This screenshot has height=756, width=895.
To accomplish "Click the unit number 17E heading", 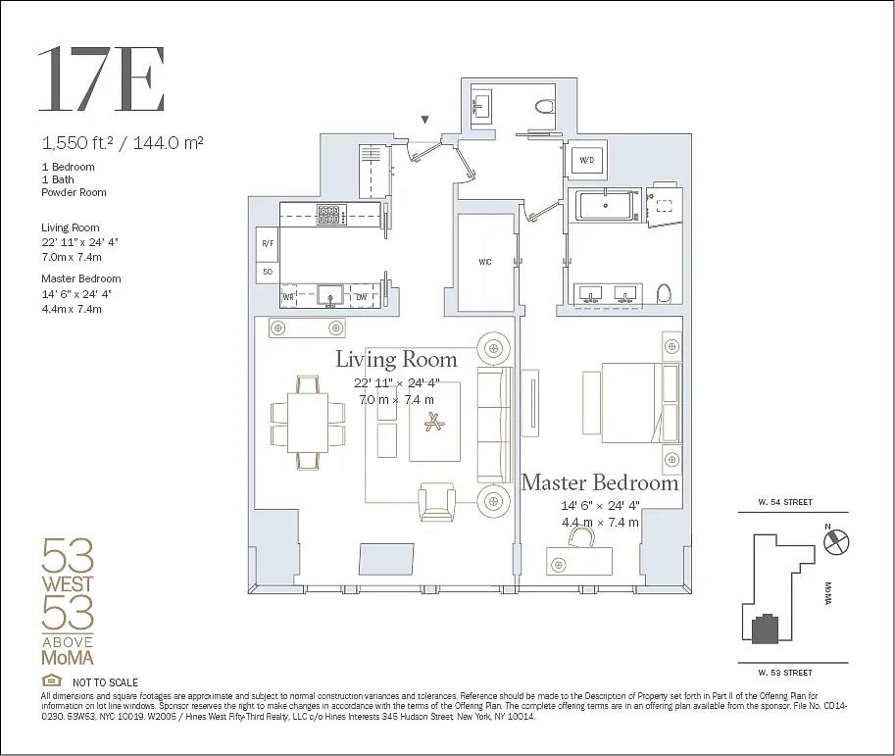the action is click(102, 79).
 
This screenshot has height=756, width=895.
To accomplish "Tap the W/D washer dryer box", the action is click(587, 160).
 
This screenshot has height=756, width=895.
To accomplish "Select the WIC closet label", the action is click(485, 262).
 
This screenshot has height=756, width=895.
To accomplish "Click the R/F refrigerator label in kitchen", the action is click(268, 243).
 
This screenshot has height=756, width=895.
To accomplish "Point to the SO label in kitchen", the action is click(268, 272).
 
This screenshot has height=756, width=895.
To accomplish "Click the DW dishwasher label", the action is click(362, 297).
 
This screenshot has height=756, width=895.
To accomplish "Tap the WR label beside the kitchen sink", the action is click(289, 297).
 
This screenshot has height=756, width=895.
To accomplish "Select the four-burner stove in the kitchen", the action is click(328, 216).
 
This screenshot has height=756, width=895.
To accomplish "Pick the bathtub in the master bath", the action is click(605, 206).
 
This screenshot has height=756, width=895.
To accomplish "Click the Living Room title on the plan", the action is click(396, 359).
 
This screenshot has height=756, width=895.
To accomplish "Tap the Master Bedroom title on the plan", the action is click(600, 483).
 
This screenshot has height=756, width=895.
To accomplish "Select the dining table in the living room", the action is click(308, 423).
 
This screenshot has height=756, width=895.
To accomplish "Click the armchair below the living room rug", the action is click(436, 502).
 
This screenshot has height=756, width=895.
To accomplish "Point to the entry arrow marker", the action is click(424, 120).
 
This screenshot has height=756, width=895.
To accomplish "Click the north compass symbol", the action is click(837, 541).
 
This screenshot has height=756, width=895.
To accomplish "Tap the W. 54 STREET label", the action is click(785, 502).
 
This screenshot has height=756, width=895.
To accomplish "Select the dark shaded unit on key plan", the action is click(766, 629).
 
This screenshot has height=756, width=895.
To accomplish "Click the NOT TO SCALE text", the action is click(105, 682).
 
